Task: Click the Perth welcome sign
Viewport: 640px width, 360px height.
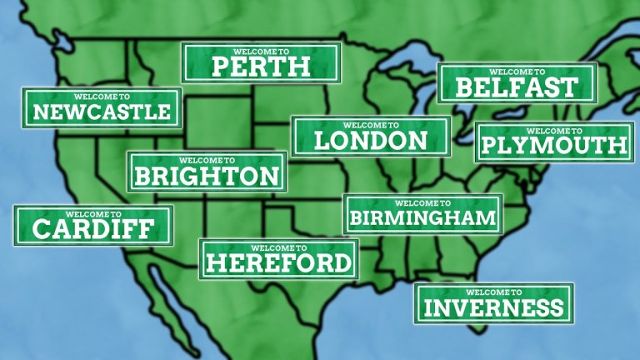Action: [x=261, y=63]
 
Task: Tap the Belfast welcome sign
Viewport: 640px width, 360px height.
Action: [x=517, y=83]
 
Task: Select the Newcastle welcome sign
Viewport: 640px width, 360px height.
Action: [x=101, y=107]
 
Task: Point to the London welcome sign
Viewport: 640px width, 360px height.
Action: [x=371, y=137]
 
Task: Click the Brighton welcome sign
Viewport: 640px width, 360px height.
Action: [x=207, y=172]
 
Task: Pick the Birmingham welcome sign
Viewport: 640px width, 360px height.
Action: [x=423, y=214]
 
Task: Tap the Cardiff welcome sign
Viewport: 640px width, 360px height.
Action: [x=92, y=225]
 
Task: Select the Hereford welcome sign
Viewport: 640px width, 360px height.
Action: [x=278, y=259]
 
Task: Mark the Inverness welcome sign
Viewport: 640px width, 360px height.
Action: [x=493, y=304]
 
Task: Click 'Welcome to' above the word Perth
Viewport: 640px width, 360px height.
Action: [x=261, y=50]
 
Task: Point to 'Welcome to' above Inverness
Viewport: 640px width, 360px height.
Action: [x=493, y=292]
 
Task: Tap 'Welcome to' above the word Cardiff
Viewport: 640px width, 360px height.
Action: [x=92, y=213]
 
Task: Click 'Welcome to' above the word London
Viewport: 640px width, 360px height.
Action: [x=371, y=124]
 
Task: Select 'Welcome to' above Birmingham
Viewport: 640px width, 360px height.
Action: [x=423, y=202]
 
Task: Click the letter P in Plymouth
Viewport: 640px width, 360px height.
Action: [x=491, y=147]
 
